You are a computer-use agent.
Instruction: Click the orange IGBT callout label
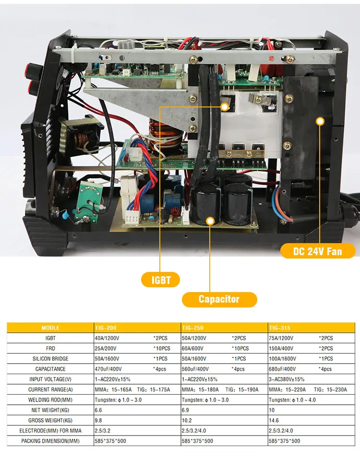pos(161,280)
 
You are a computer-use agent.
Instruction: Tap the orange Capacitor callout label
pos(219,299)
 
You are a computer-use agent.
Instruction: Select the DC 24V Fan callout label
pos(317,251)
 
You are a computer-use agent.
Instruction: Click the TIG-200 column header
pos(106,328)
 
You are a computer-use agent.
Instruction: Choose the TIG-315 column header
pos(279,328)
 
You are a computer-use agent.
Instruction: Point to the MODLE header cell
pos(50,328)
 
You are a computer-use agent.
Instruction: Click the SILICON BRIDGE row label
pos(50,359)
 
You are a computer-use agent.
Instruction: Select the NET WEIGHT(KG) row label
pos(50,410)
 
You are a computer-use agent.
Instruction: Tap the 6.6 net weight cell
pos(99,410)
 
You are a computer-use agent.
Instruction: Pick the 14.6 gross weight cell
pos(274,421)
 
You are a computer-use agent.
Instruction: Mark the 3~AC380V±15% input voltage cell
pos(287,379)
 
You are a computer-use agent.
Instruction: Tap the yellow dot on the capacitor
pos(210,221)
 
